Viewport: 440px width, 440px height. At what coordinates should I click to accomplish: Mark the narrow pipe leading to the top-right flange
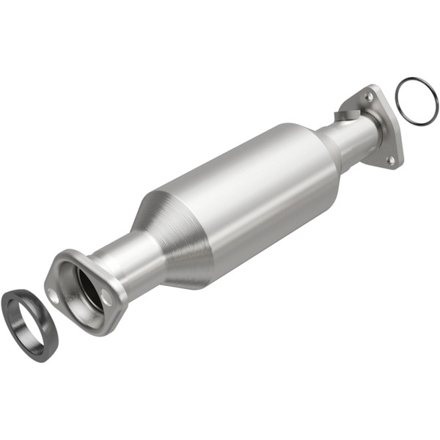click(x=352, y=139)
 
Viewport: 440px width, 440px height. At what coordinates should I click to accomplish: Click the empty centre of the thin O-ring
click(x=417, y=100)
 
